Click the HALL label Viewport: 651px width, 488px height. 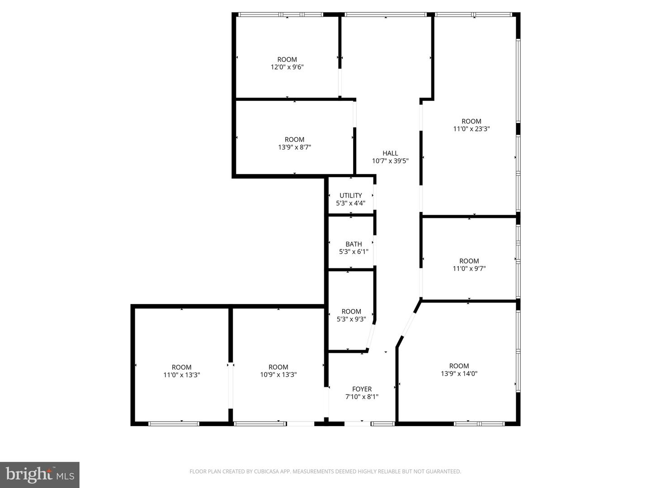(390, 153)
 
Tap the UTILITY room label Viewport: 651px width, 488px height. (350, 196)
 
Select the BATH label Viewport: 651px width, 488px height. (354, 244)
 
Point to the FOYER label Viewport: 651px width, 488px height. (362, 389)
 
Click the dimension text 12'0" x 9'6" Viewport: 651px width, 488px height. (287, 67)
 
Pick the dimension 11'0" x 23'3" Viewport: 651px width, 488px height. (471, 129)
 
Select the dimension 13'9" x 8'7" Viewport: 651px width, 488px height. (294, 147)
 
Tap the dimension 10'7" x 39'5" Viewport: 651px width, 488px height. (390, 161)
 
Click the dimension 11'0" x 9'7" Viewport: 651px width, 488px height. (469, 269)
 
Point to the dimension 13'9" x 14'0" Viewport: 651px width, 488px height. (459, 374)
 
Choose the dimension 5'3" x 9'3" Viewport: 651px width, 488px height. (351, 319)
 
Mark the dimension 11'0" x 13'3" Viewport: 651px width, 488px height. (181, 375)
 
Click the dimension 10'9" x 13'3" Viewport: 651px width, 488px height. (278, 375)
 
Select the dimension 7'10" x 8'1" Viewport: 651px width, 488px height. (362, 397)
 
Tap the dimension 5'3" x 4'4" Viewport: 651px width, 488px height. (350, 203)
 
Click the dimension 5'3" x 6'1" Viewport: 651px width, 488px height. (354, 252)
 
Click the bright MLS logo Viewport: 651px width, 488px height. (40, 474)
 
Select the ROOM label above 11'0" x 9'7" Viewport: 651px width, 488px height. (469, 261)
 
